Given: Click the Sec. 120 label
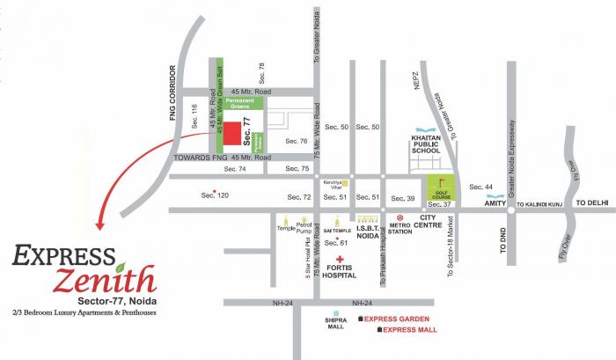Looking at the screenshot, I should (x=215, y=195).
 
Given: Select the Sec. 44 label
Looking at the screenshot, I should (x=481, y=187).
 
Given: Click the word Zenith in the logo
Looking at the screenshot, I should (x=104, y=283).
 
